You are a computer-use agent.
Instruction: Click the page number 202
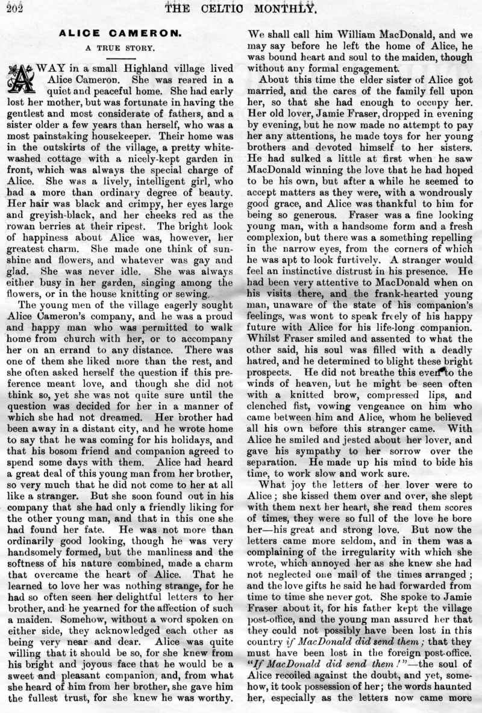point(11,7)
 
